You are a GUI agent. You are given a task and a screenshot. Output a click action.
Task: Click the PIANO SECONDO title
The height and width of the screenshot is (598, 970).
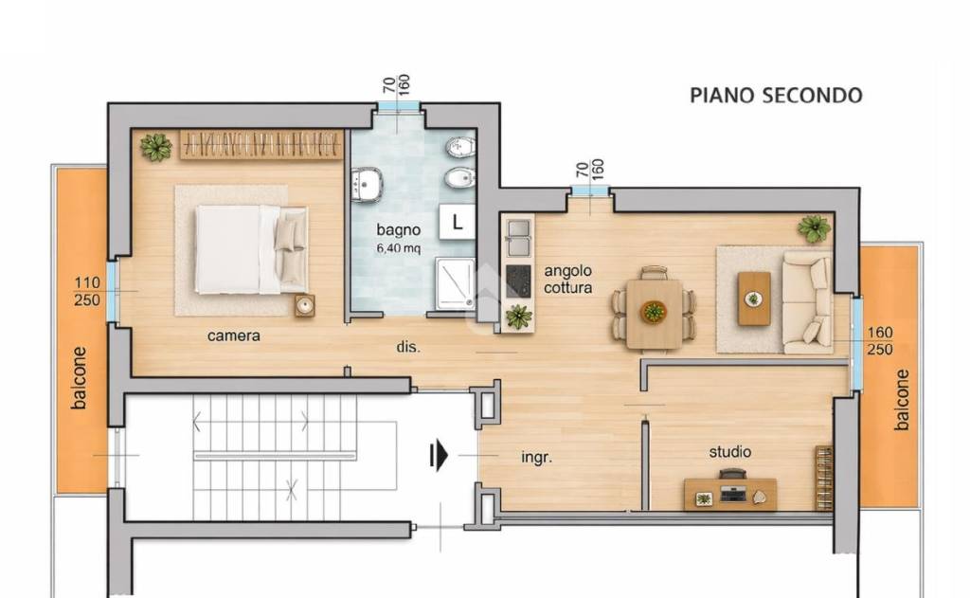pos(776,96)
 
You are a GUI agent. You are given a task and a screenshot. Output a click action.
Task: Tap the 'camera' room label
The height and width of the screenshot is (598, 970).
pos(233,336)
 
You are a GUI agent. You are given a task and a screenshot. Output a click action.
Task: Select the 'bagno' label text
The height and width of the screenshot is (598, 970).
pos(399,230)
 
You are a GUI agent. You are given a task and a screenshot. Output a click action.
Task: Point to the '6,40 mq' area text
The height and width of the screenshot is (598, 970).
pos(399,248)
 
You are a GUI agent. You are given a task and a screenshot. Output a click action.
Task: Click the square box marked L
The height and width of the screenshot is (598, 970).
pos(458,223)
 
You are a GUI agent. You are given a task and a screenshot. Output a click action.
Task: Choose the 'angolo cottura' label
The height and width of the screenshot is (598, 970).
pos(568,280)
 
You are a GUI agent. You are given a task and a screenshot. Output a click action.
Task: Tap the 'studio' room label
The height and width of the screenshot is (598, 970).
pos(730,452)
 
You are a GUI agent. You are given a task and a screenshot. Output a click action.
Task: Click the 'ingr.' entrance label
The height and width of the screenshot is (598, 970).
pos(536,458)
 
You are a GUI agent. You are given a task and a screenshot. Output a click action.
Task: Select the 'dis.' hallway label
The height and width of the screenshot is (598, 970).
pos(408,347)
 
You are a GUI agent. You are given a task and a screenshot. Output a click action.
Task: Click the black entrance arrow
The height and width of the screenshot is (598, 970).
pos(439,456)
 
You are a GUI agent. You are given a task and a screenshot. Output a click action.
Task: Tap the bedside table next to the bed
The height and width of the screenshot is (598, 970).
pos(304,306)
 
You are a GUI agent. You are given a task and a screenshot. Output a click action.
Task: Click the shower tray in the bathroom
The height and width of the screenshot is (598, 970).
pos(456,283)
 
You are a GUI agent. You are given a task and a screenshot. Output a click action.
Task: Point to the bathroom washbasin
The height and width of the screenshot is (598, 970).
pos(367,184)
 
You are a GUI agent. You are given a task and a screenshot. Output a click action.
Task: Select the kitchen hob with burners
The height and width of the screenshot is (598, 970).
pos(518,281)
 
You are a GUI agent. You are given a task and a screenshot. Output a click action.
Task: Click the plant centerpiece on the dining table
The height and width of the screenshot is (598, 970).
pos(654,311)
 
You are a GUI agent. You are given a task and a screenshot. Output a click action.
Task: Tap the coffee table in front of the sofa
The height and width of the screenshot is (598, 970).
pos(754,299)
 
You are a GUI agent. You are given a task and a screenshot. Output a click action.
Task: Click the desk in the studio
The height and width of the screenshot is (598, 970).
pos(730,494)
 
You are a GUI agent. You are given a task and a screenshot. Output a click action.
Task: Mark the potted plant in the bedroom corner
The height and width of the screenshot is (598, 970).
pos(155,147)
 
